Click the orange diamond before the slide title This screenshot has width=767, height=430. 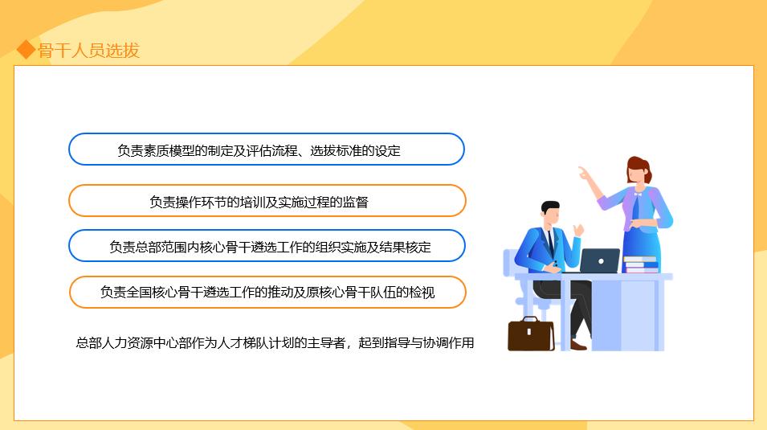(27, 51)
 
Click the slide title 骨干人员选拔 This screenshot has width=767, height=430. (89, 51)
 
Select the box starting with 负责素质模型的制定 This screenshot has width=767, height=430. (266, 149)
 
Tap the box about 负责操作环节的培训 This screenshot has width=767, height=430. (267, 201)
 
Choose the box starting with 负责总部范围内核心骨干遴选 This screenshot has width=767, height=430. (267, 246)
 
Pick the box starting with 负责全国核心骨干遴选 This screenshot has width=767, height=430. (267, 292)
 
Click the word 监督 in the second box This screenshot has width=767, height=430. (356, 202)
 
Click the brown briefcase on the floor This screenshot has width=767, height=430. (531, 334)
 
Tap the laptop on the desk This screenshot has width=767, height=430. (599, 260)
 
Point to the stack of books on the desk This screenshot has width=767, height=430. (641, 264)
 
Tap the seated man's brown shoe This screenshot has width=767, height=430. (579, 345)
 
